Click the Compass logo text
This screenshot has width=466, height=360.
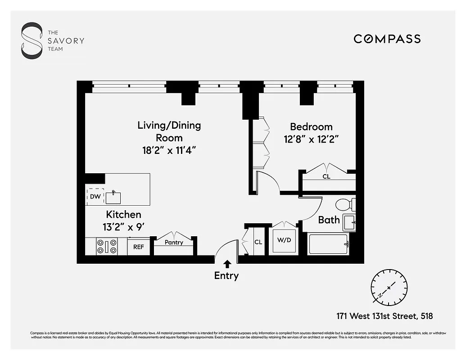387,39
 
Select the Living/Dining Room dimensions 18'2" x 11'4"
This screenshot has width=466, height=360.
169,150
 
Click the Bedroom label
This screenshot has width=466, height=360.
311,127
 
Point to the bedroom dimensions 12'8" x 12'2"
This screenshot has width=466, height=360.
311,139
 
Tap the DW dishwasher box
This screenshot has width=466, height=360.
95,197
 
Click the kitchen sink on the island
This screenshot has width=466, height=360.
113,197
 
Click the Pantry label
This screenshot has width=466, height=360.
174,243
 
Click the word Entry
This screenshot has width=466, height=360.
226,276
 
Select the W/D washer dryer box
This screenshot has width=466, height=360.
284,240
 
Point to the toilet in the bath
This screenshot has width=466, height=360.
346,205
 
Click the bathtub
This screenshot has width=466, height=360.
328,244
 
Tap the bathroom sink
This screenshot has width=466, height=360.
349,222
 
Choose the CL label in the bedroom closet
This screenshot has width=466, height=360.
326,177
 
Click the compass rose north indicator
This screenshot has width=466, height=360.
389,286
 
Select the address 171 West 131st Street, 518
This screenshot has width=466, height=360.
384,316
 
